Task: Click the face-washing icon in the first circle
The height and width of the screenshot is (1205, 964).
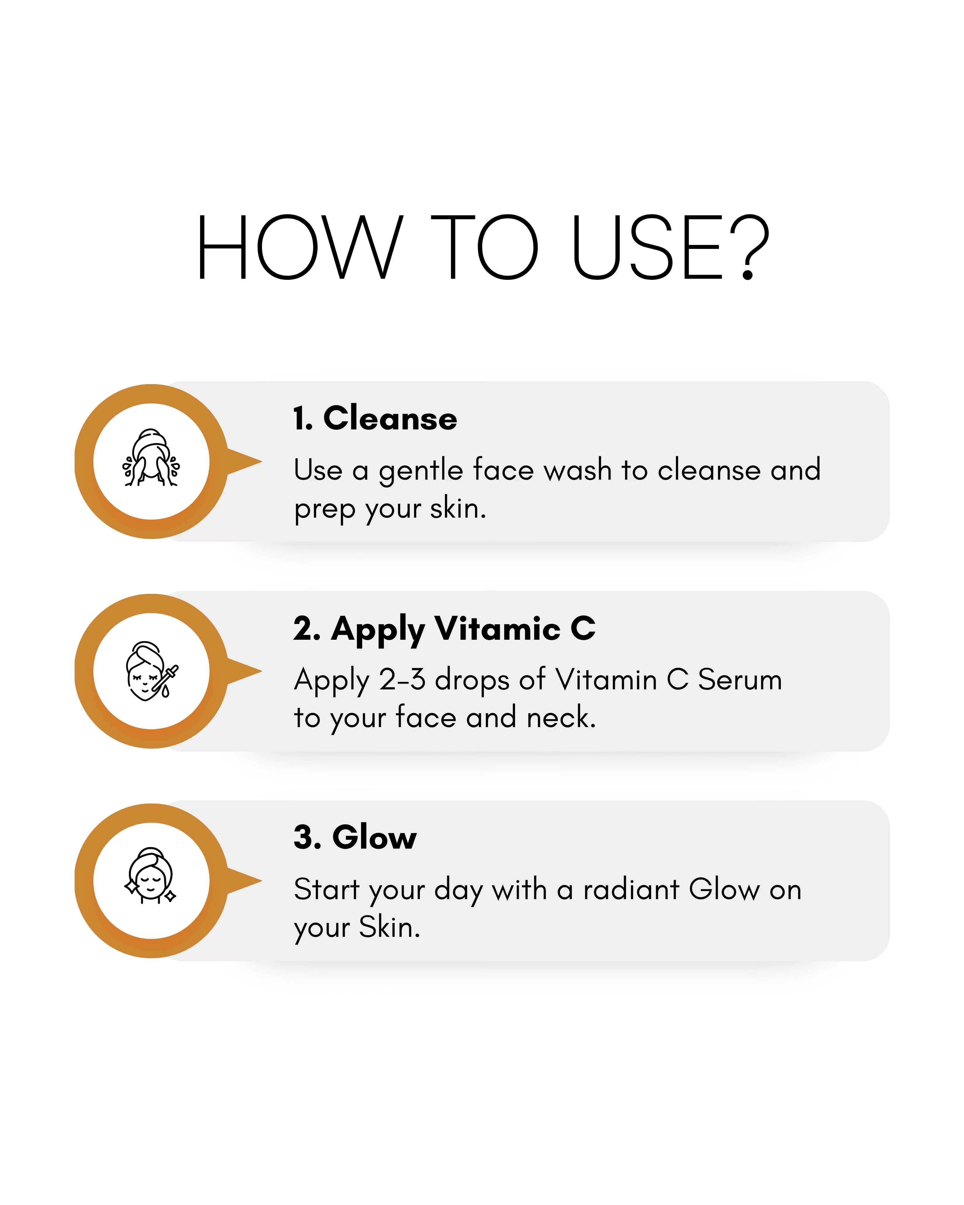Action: click(151, 458)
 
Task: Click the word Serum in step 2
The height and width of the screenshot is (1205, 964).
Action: click(740, 680)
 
